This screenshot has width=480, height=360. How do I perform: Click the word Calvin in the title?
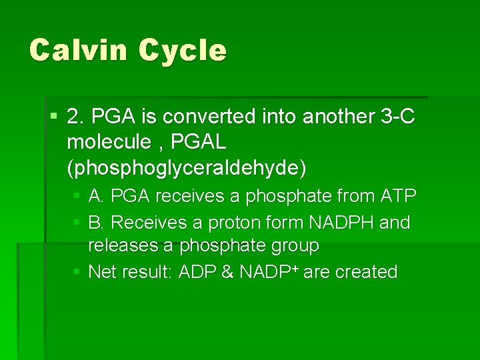[x=78, y=51]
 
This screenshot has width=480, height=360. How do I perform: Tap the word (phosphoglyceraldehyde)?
[x=187, y=168]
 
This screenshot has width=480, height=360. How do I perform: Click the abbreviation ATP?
[x=398, y=197]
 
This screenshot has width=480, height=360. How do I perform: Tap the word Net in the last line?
[x=102, y=272]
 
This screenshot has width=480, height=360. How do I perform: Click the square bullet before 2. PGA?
[x=53, y=117]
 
